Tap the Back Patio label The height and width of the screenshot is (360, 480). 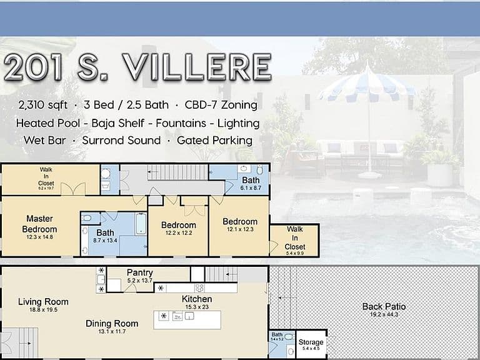[384, 307]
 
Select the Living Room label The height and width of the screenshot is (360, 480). [43, 302]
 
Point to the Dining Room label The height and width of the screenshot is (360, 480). [112, 324]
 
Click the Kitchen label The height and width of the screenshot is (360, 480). [197, 300]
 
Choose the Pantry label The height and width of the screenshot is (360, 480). [139, 273]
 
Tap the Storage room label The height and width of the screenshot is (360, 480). [311, 342]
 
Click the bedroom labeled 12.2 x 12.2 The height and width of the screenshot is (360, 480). [178, 226]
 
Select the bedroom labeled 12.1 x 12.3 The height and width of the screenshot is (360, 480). [240, 222]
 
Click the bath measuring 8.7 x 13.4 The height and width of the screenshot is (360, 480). [105, 232]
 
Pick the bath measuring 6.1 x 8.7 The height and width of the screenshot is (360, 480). [251, 181]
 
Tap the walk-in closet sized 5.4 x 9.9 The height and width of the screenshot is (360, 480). [294, 238]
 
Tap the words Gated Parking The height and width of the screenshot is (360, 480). [214, 141]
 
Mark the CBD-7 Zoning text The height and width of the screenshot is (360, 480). [219, 104]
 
